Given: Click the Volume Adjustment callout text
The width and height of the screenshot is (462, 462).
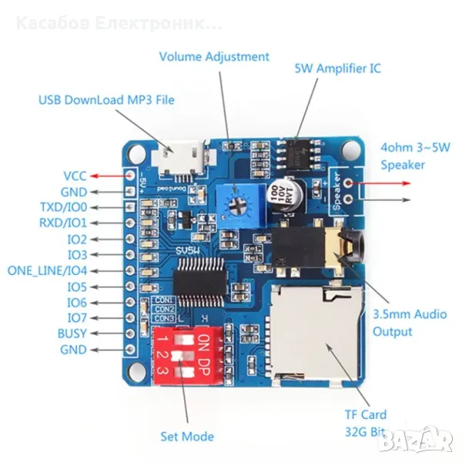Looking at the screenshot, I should [x=214, y=56].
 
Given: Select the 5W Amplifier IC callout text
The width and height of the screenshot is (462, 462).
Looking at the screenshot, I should [x=337, y=68].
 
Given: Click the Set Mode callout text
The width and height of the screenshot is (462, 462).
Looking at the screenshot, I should [x=187, y=437].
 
